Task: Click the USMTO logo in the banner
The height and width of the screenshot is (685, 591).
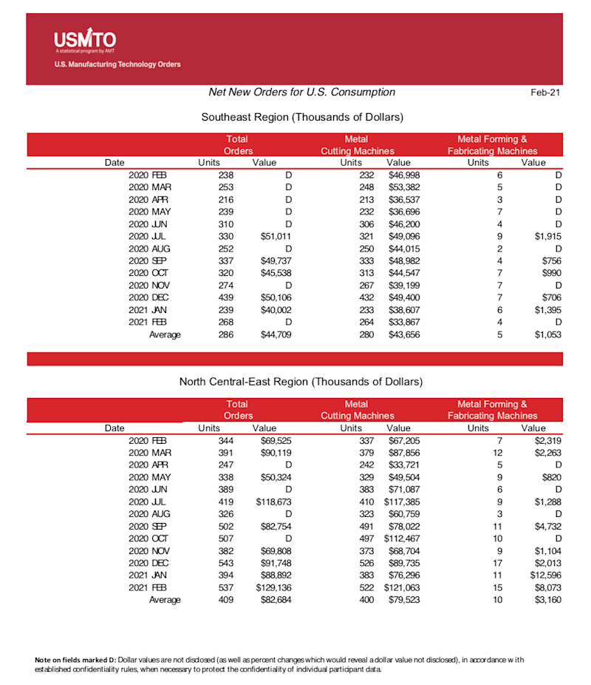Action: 85,40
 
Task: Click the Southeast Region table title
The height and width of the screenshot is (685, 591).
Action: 301,117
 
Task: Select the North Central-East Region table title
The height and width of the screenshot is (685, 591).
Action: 301,382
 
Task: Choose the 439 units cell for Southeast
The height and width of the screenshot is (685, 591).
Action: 225,296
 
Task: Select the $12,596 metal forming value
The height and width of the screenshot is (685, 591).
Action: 545,576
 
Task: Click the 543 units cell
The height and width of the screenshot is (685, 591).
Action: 225,563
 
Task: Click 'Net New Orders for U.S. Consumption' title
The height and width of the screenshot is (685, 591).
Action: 301,92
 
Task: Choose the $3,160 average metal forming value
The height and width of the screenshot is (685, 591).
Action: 547,600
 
